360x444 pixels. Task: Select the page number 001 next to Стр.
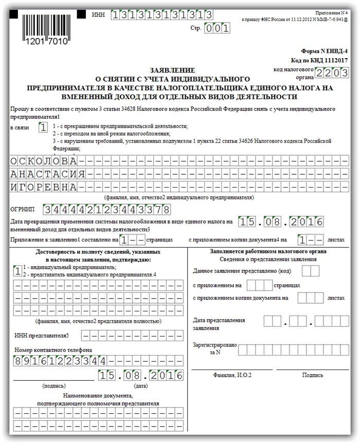click(217, 29)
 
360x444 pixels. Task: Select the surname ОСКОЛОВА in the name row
click(44, 160)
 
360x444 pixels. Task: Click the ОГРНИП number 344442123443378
click(107, 210)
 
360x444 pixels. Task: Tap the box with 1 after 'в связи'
click(44, 126)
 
